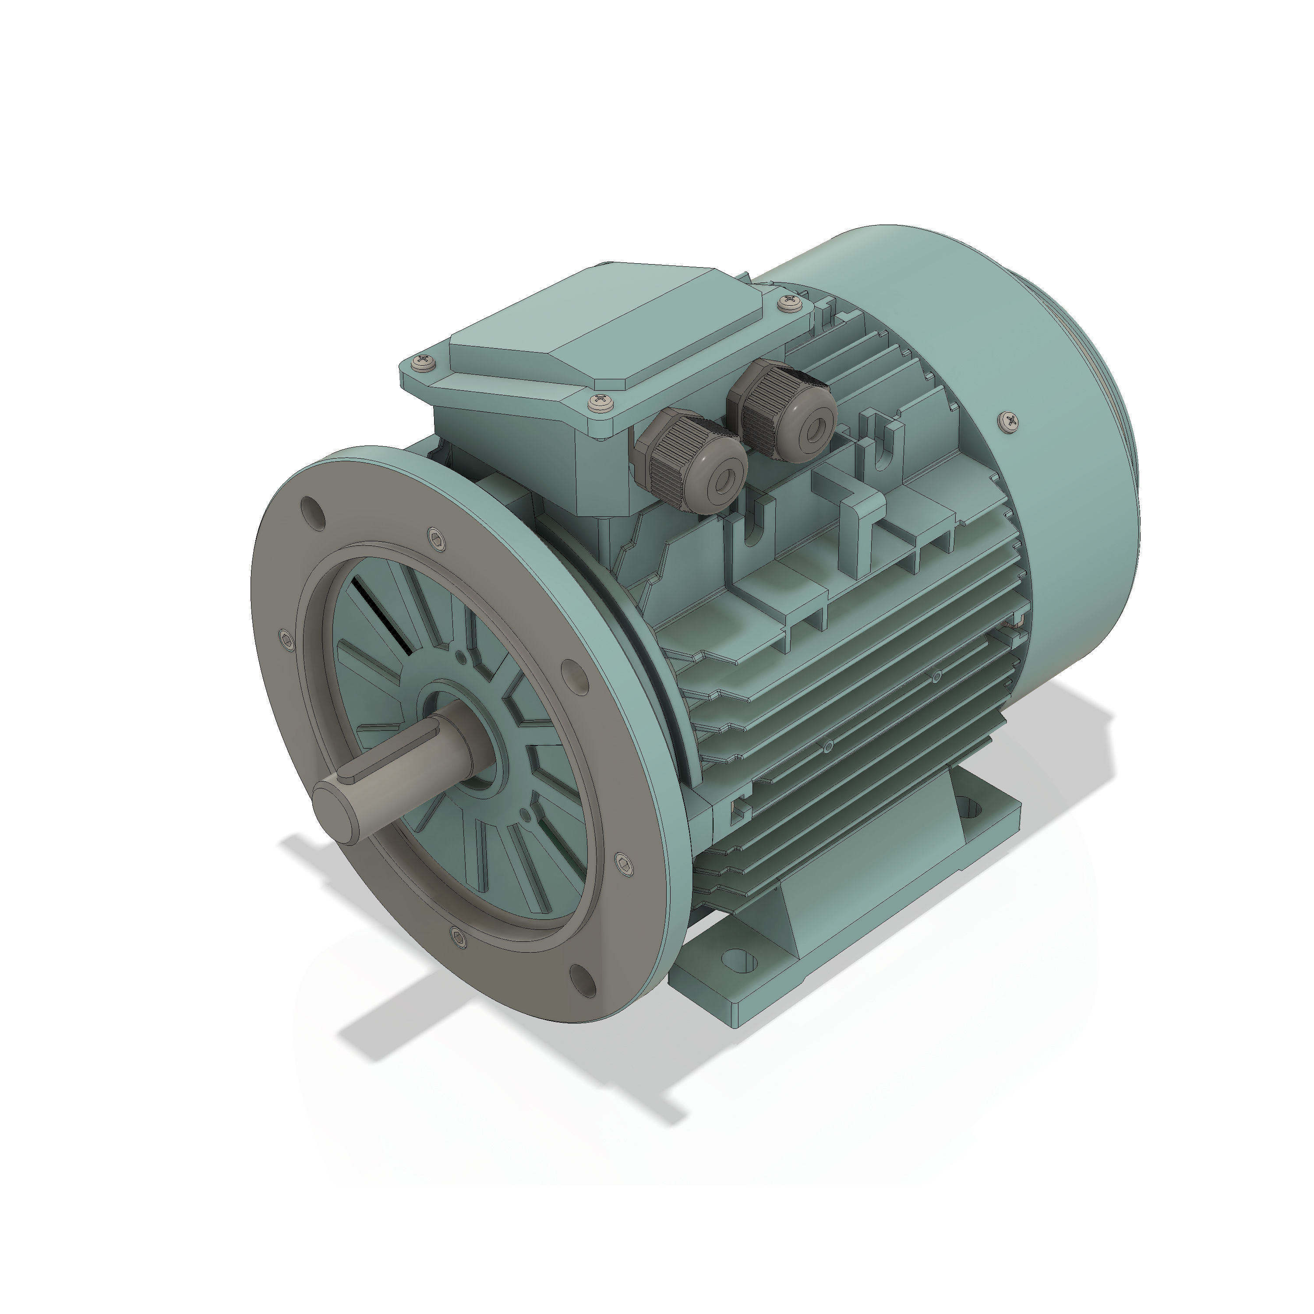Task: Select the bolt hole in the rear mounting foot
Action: click(970, 809)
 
